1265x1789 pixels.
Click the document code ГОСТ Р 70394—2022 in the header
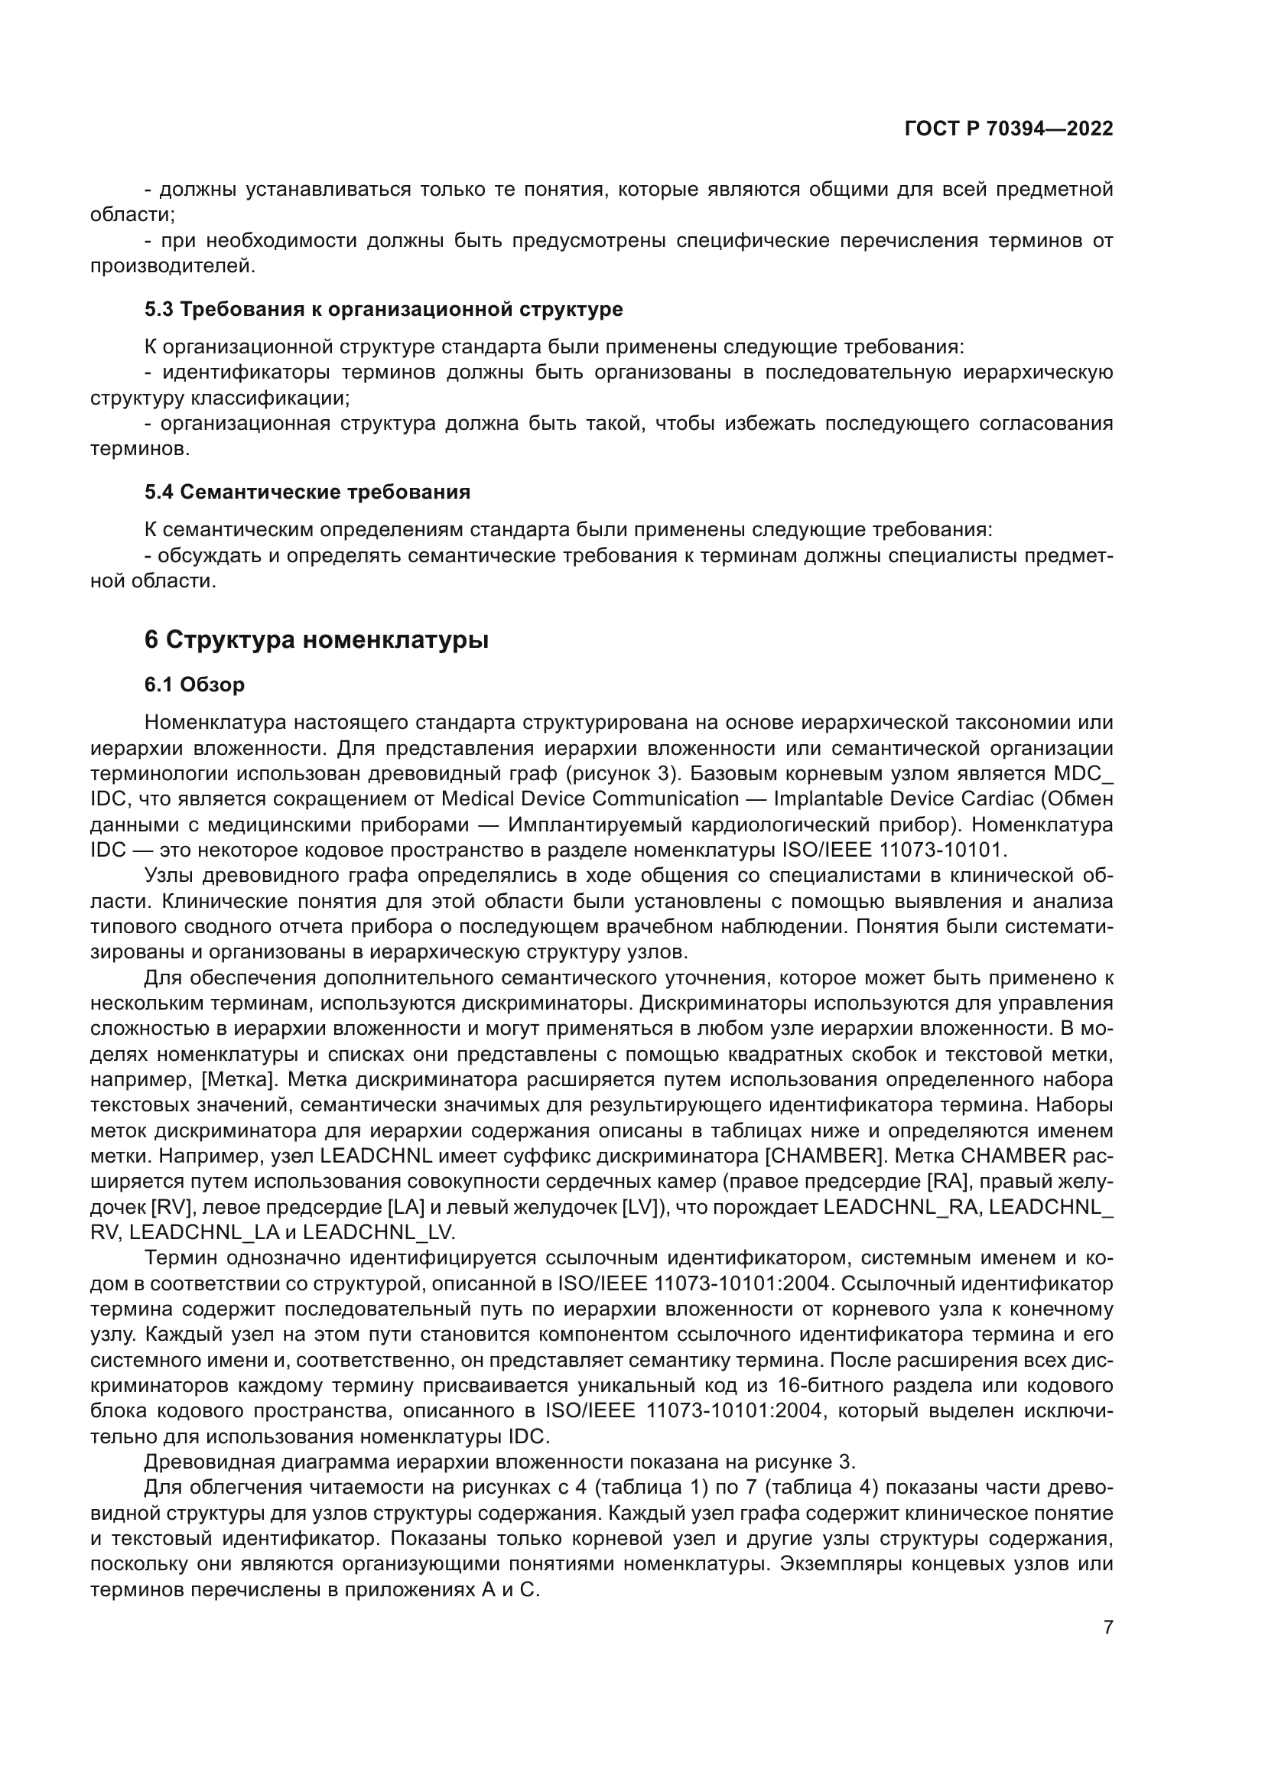pyautogui.click(x=1009, y=128)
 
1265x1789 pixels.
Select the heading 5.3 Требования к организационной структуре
pyautogui.click(x=383, y=309)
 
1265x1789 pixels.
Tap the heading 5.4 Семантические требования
pyautogui.click(x=307, y=492)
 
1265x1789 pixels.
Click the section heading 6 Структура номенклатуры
pyautogui.click(x=317, y=639)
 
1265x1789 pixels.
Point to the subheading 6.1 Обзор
pyautogui.click(x=194, y=684)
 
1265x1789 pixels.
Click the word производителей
pyautogui.click(x=171, y=265)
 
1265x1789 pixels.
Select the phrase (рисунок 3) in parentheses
pyautogui.click(x=623, y=774)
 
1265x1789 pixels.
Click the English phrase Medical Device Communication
pyautogui.click(x=590, y=799)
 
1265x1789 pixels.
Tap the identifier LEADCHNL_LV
pyautogui.click(x=379, y=1232)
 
